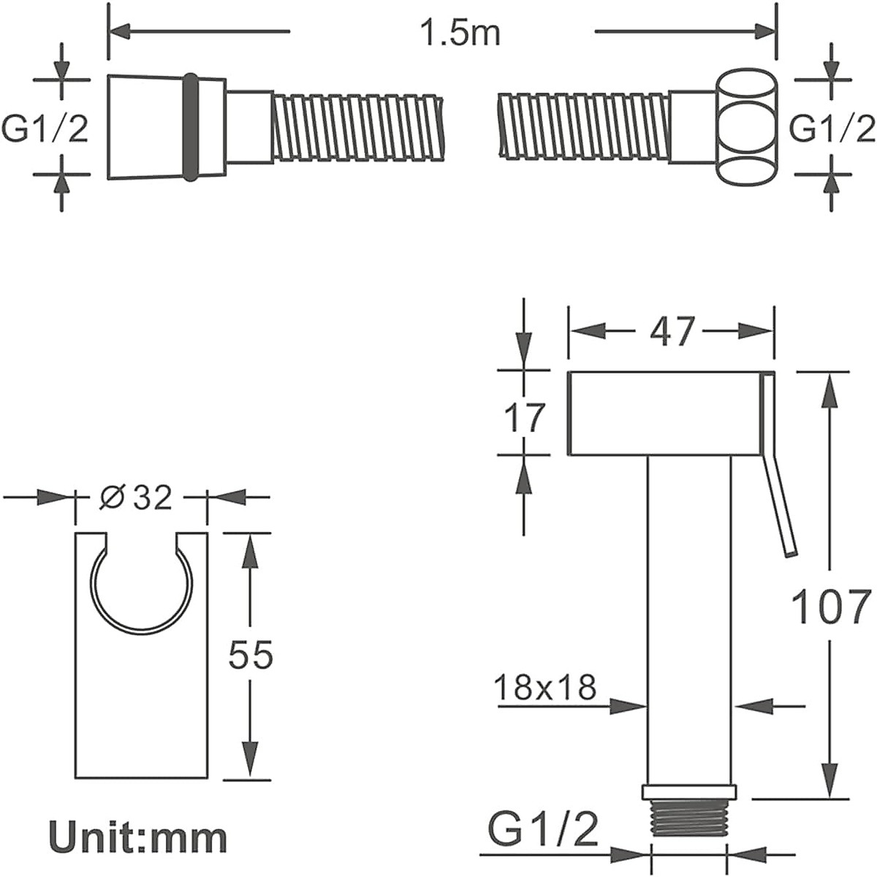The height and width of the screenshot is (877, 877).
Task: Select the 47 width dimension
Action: pos(672,331)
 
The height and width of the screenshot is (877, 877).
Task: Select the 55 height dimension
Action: pos(251,654)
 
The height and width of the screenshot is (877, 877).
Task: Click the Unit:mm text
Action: pos(138,838)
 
